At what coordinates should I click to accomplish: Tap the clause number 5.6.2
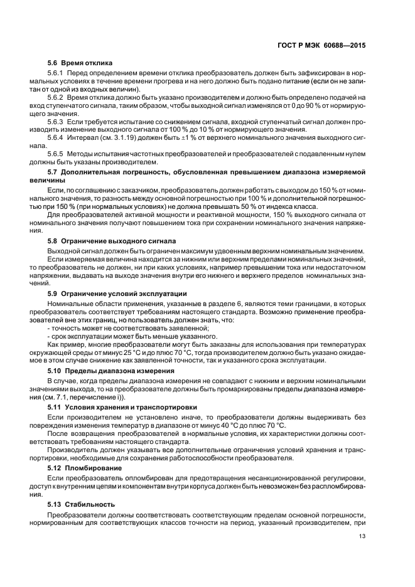coord(57,98)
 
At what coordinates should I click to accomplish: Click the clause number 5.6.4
coord(57,137)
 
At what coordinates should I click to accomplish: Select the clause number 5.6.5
coord(57,152)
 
